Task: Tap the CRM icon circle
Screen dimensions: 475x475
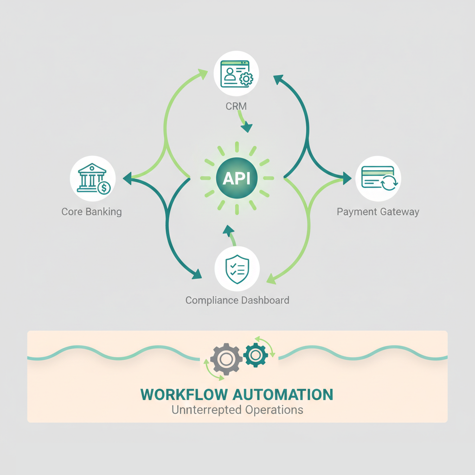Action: click(236, 73)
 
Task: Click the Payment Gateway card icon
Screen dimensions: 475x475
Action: click(379, 179)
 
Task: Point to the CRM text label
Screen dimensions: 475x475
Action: click(236, 106)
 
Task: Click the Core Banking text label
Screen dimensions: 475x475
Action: click(91, 212)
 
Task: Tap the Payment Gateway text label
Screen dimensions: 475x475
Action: click(378, 212)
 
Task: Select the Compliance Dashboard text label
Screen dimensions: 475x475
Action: click(237, 300)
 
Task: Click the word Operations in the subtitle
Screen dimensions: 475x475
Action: click(273, 410)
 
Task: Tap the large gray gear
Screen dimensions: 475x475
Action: click(226, 359)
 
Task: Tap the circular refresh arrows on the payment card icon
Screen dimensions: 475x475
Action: click(388, 184)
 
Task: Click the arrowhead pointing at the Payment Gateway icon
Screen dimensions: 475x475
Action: click(347, 177)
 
